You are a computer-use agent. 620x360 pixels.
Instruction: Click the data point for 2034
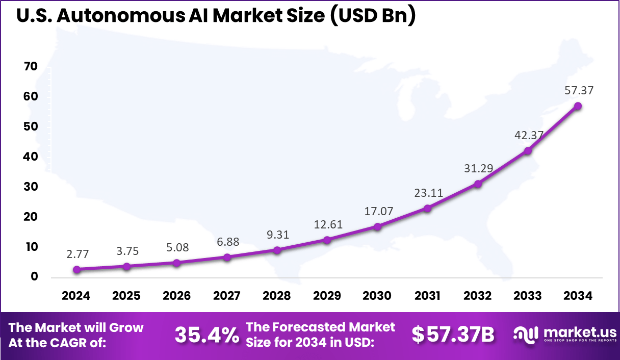point(578,106)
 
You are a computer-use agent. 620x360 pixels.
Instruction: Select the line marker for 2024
point(76,269)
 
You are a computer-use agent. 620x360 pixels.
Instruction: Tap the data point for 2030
point(377,226)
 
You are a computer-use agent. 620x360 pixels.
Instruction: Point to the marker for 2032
point(478,184)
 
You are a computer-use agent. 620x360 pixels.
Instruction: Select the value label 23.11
point(427,193)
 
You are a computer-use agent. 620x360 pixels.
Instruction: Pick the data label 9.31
point(277,235)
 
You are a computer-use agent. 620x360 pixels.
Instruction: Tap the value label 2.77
point(76,253)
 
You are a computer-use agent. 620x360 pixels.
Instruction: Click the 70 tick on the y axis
point(31,67)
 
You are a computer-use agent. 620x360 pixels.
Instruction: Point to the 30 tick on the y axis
point(31,187)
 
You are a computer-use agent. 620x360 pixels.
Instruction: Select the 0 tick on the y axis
point(34,277)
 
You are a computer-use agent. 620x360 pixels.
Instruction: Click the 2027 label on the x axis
point(227,296)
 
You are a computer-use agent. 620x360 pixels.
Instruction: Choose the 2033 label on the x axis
point(528,296)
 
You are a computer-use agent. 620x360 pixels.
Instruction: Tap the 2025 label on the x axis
point(126,296)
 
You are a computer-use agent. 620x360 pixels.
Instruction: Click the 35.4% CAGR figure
point(207,336)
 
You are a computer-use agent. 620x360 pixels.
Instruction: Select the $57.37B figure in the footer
point(453,335)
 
